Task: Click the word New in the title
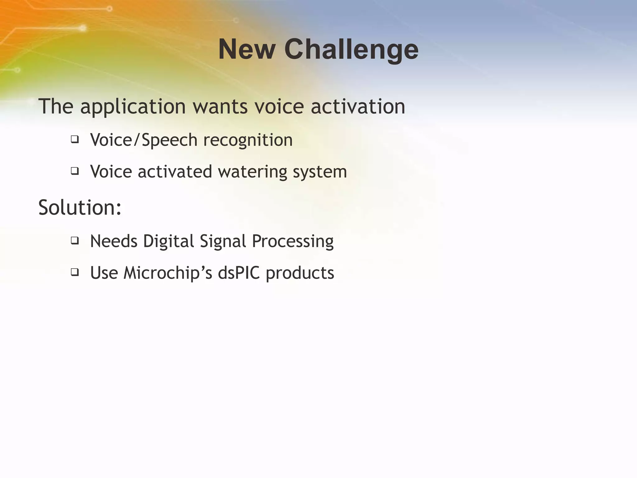247,49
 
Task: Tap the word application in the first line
133,107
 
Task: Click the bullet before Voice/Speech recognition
75,139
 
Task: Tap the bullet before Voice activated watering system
75,171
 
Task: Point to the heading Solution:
80,207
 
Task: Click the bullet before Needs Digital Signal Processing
75,241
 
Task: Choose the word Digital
168,241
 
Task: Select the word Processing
292,241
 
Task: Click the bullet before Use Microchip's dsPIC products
75,272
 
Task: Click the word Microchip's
168,273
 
